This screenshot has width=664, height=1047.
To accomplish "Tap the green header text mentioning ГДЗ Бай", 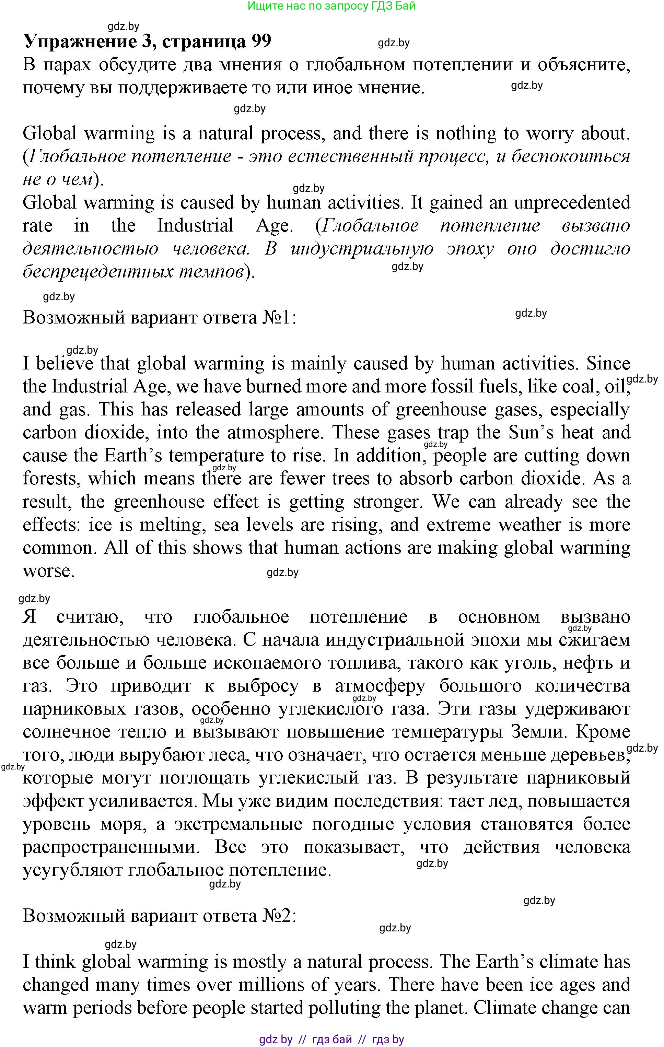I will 331,6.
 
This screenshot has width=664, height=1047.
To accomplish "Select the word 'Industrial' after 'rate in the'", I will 195,226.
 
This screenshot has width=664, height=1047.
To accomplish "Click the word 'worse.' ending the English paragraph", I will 49,571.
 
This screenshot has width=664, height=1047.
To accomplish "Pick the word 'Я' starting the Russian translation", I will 30,617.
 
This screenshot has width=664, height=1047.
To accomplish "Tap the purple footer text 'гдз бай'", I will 332,1039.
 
